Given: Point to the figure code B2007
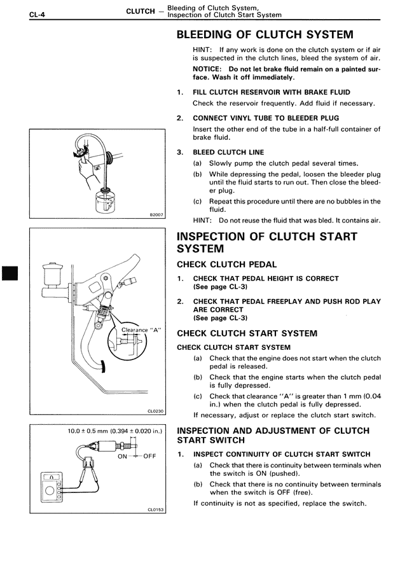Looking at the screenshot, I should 156,215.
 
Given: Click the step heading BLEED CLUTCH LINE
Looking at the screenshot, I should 228,153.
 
